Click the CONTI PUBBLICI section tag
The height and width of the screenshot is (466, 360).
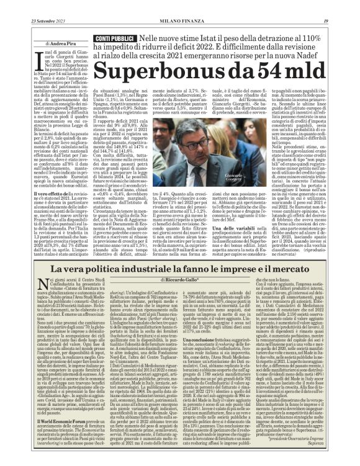[100, 39]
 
